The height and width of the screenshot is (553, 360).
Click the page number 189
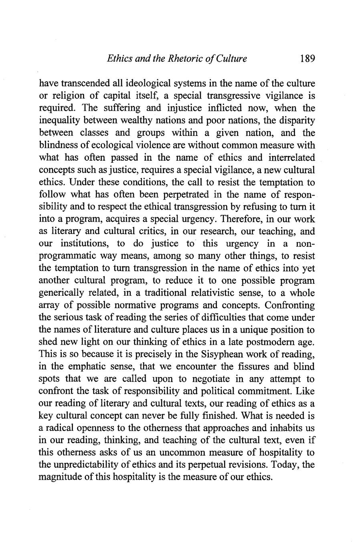[307, 59]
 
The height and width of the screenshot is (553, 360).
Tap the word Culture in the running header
[230, 59]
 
